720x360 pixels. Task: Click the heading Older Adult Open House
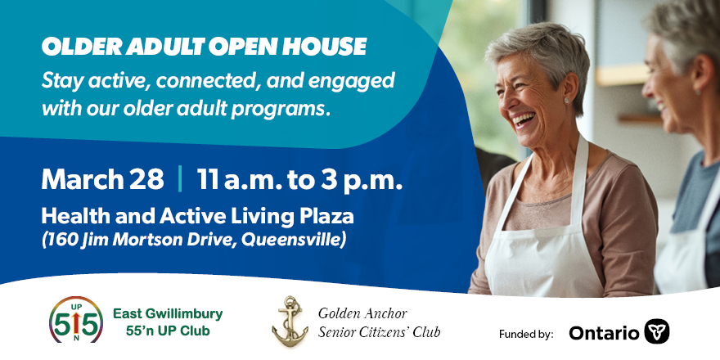click(x=204, y=47)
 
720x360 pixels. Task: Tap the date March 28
click(x=102, y=179)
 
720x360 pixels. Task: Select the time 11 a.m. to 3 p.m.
click(x=299, y=179)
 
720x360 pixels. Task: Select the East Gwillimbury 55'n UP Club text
click(x=167, y=322)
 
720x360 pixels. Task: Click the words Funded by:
click(x=525, y=334)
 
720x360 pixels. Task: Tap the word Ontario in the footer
click(x=604, y=333)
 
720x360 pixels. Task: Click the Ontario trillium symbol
click(x=657, y=331)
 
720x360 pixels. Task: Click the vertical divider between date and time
click(x=180, y=179)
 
